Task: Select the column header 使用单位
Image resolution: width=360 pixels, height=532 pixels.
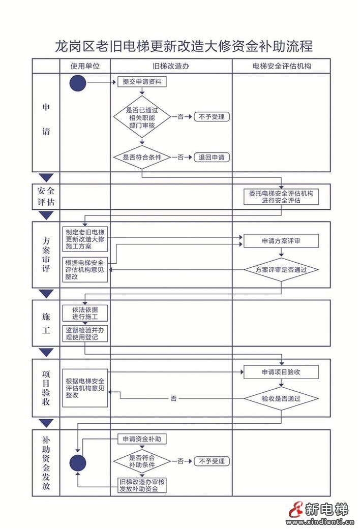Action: tap(84, 66)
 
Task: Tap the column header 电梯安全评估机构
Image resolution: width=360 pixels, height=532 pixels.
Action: tap(281, 66)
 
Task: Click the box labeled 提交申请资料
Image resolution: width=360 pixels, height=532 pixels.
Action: tap(142, 82)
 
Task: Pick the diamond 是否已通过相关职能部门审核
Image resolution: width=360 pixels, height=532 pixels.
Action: tap(142, 117)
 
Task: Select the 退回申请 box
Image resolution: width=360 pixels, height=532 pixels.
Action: tap(212, 158)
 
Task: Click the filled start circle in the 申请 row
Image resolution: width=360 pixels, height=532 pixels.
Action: tap(78, 83)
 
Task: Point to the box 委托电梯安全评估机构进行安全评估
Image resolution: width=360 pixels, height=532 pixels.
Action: tap(281, 197)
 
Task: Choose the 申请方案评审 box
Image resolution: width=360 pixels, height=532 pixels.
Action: tap(281, 241)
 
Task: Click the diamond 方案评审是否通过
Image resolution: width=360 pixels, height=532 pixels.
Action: tap(281, 269)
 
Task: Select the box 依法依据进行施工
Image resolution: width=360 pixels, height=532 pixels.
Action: tap(85, 313)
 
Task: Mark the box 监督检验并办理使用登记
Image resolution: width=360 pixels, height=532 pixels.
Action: tap(85, 333)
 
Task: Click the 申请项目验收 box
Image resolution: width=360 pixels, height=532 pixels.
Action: tap(281, 372)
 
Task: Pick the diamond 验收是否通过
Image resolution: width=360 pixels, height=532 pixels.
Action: tap(281, 399)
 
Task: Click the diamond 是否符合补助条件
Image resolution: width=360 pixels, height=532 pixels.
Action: tap(142, 461)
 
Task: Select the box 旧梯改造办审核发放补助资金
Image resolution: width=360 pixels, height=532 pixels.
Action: tap(142, 485)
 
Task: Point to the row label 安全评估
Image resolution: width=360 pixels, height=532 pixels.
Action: tap(46, 197)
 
